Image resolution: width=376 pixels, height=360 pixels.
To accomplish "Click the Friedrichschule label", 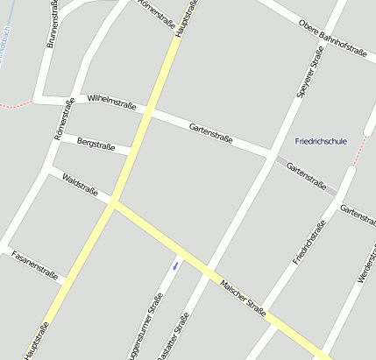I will (322, 141).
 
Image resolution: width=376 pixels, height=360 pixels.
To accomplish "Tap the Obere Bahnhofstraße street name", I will (332, 39).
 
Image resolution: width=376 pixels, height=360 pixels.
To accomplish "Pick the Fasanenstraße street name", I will (34, 265).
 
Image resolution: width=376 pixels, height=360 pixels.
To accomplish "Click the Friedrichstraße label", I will (309, 243).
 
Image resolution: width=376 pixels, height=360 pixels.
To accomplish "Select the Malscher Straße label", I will (244, 296).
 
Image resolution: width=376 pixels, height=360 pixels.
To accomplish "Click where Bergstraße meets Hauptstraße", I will (130, 153).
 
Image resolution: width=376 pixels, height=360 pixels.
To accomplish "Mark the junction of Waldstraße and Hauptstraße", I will (113, 203).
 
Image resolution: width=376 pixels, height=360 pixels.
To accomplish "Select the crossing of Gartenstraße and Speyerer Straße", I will (271, 156).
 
